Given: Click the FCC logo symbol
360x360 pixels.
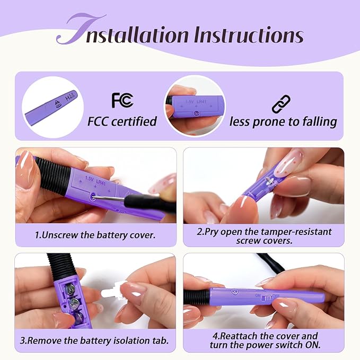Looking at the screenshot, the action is tap(122, 100).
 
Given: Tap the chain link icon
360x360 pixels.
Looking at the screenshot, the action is tap(281, 104).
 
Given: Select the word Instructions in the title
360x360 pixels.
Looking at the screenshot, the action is tap(249, 34).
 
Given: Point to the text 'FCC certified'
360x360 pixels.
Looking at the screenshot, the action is tap(122, 121).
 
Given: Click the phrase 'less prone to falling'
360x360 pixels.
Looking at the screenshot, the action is tap(283, 122).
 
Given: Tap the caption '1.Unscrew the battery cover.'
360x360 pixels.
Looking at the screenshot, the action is tap(95, 235).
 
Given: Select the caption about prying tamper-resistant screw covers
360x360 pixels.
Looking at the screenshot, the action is tap(264, 236).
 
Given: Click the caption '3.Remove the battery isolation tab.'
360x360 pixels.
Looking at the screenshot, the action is tap(94, 340).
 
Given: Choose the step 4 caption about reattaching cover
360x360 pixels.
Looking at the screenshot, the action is tap(265, 340).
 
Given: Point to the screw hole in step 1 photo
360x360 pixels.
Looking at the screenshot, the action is tap(93, 197).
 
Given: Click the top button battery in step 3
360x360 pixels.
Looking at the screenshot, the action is tap(69, 288).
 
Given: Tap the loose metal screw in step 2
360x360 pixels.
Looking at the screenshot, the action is tap(269, 181).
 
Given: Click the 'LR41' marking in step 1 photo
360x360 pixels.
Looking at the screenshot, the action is tap(101, 182).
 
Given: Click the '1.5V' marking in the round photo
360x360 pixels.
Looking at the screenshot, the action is tap(189, 101).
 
